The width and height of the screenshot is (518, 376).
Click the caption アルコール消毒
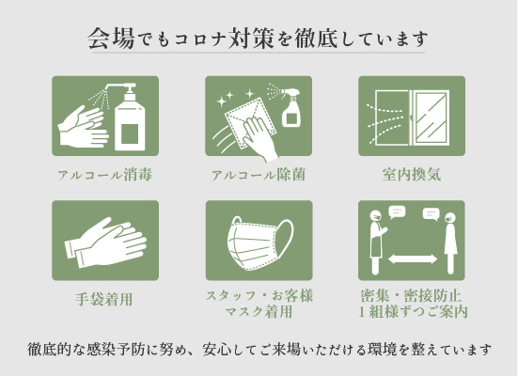coord(104,175)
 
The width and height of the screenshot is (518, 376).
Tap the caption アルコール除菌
coord(259,175)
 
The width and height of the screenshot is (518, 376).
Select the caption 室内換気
coord(412,175)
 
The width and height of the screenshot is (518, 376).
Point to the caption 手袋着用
coord(104,299)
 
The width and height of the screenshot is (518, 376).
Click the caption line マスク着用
coord(259,311)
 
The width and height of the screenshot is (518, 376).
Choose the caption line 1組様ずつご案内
coord(413,311)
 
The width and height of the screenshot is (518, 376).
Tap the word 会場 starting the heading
coord(111,39)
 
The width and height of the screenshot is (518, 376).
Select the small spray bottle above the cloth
coord(290,107)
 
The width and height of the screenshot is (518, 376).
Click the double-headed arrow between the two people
coord(413,259)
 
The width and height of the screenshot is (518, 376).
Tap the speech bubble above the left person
coord(397,212)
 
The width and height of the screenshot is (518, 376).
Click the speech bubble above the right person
coord(432,214)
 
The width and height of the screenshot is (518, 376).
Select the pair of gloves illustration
coord(105,243)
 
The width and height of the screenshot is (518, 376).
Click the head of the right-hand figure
coord(450,218)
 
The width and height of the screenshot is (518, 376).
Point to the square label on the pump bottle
coord(129,133)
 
